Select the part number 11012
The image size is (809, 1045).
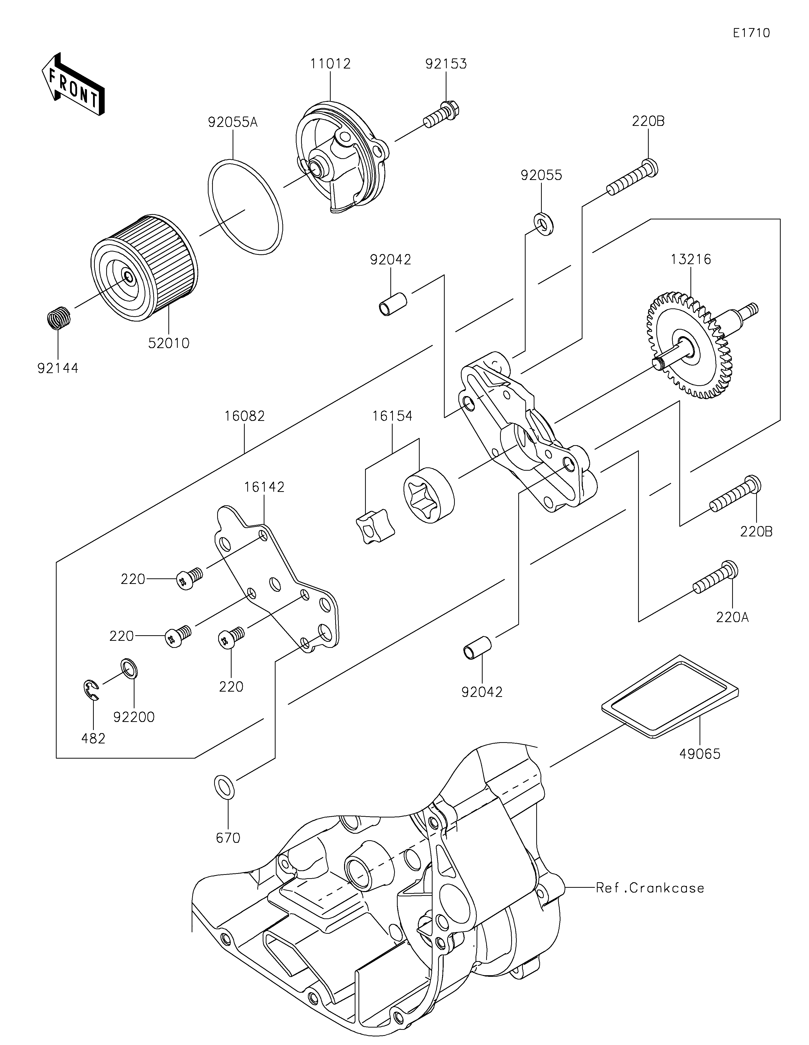(x=330, y=64)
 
